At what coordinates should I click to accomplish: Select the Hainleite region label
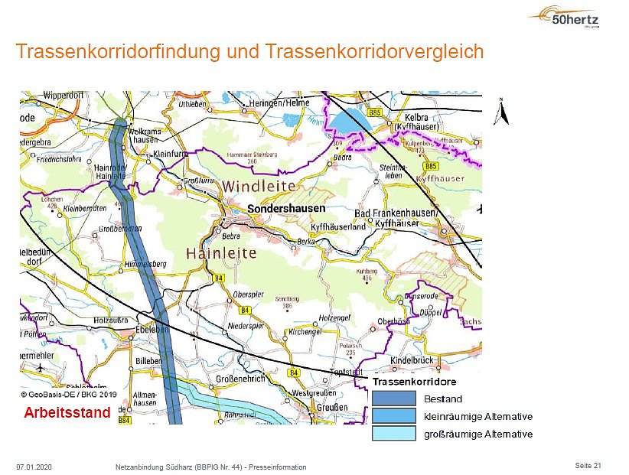(223, 252)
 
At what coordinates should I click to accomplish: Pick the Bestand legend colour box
(394, 399)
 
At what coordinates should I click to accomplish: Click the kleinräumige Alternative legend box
(394, 416)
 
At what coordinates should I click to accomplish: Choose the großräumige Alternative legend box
(394, 434)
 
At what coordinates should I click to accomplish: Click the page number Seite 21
(588, 465)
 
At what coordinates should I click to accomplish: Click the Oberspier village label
(248, 294)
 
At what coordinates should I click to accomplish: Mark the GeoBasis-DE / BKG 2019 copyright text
(68, 395)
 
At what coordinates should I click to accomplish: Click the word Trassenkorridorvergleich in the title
(375, 52)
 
